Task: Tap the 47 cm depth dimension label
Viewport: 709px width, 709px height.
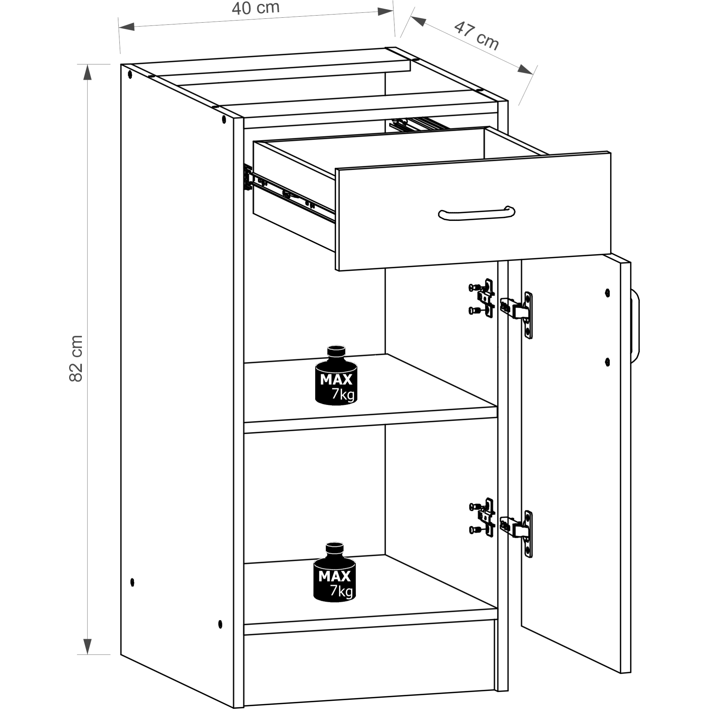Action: point(476,36)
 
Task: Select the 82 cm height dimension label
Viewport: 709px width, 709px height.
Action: point(76,358)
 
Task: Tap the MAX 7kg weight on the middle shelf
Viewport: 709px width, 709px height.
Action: point(336,375)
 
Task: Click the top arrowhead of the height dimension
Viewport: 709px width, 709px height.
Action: point(87,72)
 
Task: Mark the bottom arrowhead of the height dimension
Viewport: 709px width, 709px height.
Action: point(87,647)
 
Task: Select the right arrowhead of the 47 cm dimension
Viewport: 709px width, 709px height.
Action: point(525,69)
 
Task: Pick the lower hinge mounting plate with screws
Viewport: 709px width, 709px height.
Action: point(482,518)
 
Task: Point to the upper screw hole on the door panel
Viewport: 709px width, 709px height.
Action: point(607,293)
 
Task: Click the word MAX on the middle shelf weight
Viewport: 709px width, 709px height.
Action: point(336,379)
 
